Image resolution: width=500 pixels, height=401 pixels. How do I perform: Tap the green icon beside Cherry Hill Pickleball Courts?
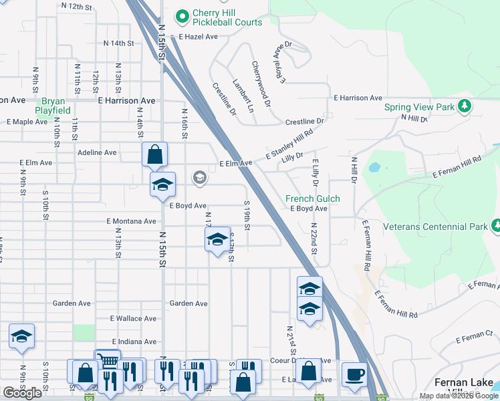pos(181,14)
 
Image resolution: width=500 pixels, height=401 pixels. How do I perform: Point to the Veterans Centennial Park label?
pos(435,227)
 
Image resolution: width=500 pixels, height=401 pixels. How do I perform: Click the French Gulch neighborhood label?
pos(312,198)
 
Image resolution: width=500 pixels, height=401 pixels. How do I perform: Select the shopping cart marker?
pos(107,359)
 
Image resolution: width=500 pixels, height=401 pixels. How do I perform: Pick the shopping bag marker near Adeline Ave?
pos(154,155)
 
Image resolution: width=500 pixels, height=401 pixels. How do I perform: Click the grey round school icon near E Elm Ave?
pos(199,177)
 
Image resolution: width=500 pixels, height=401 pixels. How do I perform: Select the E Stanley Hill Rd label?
pos(289,145)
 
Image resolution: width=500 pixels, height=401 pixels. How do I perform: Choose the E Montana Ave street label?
pos(131,221)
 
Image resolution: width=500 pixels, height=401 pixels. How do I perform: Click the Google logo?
pos(22,393)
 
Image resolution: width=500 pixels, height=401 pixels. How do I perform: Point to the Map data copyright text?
pos(459,396)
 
